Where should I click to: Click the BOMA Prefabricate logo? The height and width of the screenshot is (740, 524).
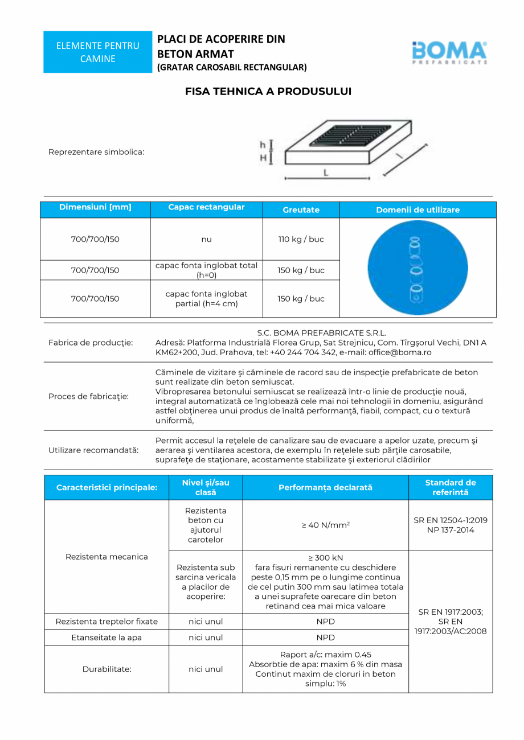click(x=449, y=52)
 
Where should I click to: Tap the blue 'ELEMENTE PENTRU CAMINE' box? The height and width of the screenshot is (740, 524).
click(x=97, y=52)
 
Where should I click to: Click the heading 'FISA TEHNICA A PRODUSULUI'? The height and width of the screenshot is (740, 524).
click(x=268, y=91)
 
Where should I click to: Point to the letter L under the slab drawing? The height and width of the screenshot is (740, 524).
click(x=325, y=172)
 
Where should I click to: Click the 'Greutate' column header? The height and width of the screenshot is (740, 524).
click(x=301, y=210)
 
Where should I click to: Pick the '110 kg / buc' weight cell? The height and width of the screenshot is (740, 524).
click(x=301, y=239)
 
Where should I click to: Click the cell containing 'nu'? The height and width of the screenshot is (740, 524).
click(x=206, y=239)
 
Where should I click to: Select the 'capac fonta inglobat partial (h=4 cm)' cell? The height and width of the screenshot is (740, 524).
click(x=206, y=299)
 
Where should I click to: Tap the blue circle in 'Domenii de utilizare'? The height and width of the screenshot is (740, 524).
click(x=417, y=268)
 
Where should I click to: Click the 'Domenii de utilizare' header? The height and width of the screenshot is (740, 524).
click(x=417, y=210)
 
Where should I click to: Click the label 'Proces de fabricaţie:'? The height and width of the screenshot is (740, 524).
click(x=88, y=396)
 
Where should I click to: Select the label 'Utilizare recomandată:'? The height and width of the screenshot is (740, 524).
click(x=93, y=450)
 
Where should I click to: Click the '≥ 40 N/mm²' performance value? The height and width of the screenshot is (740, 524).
click(x=325, y=525)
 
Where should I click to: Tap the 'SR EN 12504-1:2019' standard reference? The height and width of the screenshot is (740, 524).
click(x=451, y=520)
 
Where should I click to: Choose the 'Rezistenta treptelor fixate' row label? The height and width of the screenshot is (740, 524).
click(x=107, y=622)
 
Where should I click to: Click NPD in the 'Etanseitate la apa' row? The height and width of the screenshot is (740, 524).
click(x=325, y=638)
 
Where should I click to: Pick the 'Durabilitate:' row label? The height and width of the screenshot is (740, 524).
click(x=107, y=669)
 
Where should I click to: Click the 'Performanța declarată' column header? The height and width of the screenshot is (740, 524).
click(x=325, y=488)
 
